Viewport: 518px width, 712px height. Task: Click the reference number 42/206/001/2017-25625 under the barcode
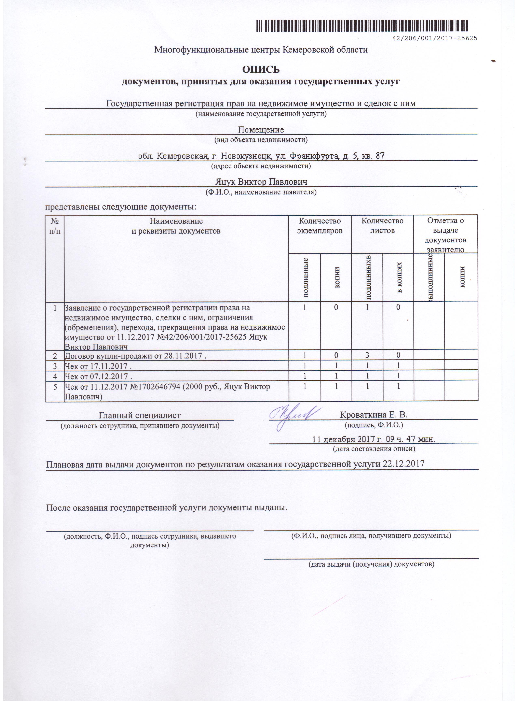click(x=435, y=39)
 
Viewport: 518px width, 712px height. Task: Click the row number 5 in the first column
click(x=55, y=387)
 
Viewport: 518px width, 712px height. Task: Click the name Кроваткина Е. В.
click(x=374, y=415)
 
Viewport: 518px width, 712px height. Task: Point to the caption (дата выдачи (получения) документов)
click(x=371, y=564)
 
